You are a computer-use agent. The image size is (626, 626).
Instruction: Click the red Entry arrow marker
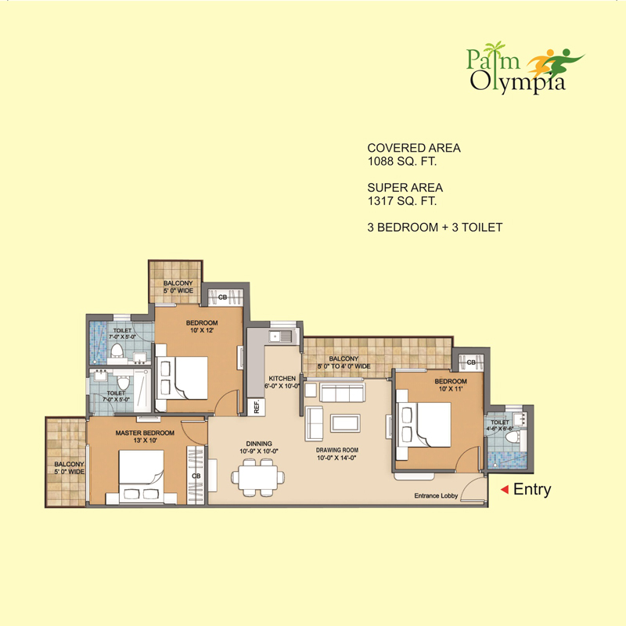505,490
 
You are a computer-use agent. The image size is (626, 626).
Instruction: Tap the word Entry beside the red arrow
533,490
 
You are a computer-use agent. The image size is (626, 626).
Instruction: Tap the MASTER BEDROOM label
143,433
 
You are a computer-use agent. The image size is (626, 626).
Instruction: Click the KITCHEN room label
282,378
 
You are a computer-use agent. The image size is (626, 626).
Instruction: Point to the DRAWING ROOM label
336,451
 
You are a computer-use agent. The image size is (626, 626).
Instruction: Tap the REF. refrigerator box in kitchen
257,407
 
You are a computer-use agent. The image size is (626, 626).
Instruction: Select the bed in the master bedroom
141,475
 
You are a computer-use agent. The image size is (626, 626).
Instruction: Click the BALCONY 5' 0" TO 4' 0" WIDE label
344,362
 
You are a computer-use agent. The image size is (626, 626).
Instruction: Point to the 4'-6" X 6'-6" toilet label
499,425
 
